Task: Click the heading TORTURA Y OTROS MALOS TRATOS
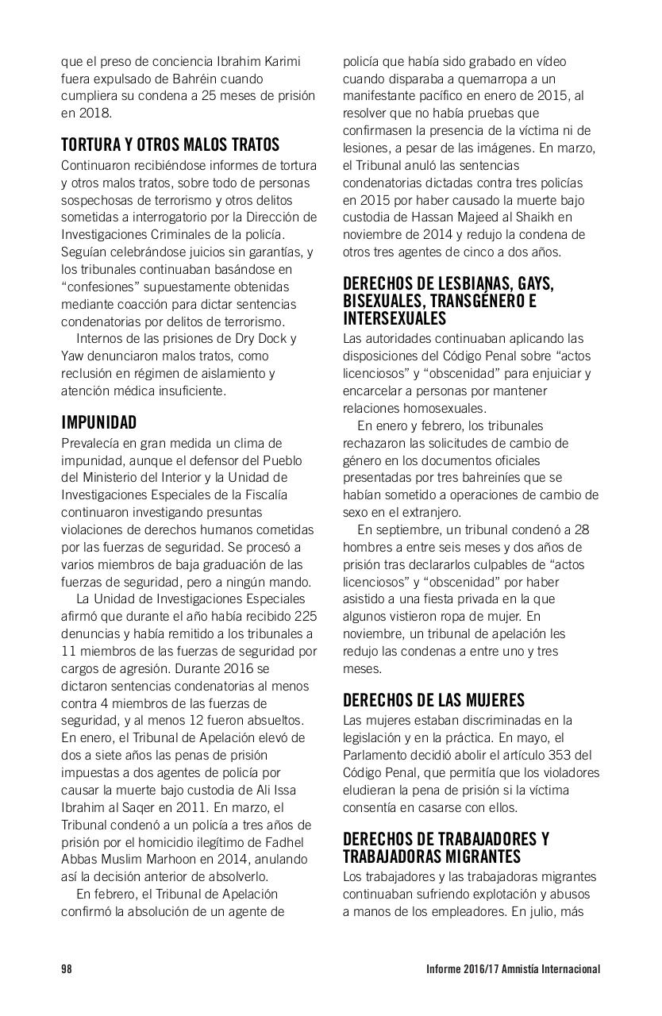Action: (x=170, y=145)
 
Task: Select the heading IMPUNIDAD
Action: (x=98, y=422)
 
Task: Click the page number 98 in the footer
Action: (x=67, y=969)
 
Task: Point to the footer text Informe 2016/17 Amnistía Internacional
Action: (x=513, y=969)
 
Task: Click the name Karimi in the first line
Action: (x=282, y=61)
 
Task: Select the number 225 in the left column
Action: (x=306, y=616)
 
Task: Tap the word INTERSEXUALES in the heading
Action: (x=395, y=318)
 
